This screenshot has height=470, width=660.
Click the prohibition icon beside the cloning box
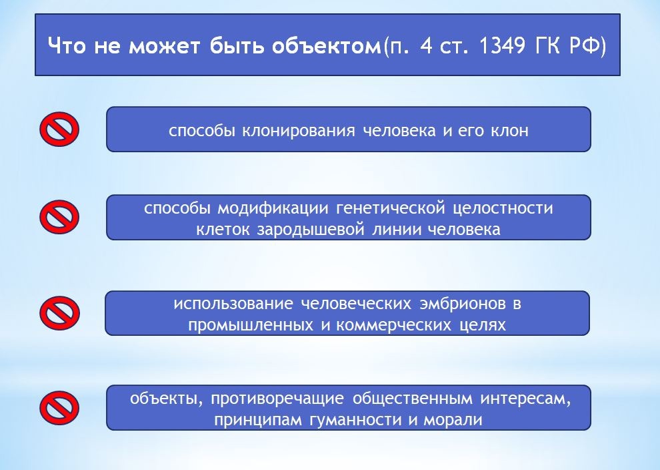point(59,128)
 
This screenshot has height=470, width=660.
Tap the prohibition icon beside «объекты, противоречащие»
point(59,407)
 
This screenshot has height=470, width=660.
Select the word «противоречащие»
point(279,399)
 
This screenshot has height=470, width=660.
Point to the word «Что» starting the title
point(68,48)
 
